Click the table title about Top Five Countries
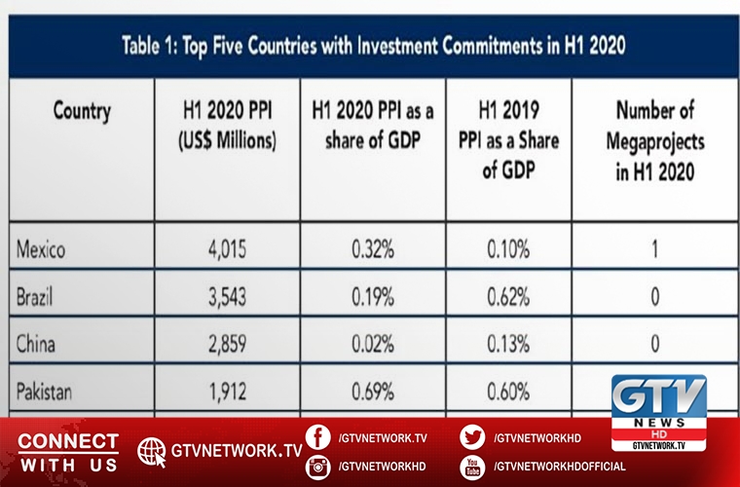(372, 45)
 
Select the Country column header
(82, 110)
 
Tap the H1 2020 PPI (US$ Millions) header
(227, 125)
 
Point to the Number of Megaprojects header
(654, 139)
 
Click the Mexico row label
(41, 250)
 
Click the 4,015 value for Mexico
(227, 250)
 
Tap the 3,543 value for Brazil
(227, 297)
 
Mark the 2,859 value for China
(227, 344)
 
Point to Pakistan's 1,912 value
(227, 392)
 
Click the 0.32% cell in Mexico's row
(373, 250)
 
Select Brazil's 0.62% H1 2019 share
(508, 297)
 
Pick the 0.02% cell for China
(373, 344)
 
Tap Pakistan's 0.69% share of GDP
(373, 392)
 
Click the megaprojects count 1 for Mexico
(654, 250)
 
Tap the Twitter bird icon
(473, 437)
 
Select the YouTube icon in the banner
(473, 467)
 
